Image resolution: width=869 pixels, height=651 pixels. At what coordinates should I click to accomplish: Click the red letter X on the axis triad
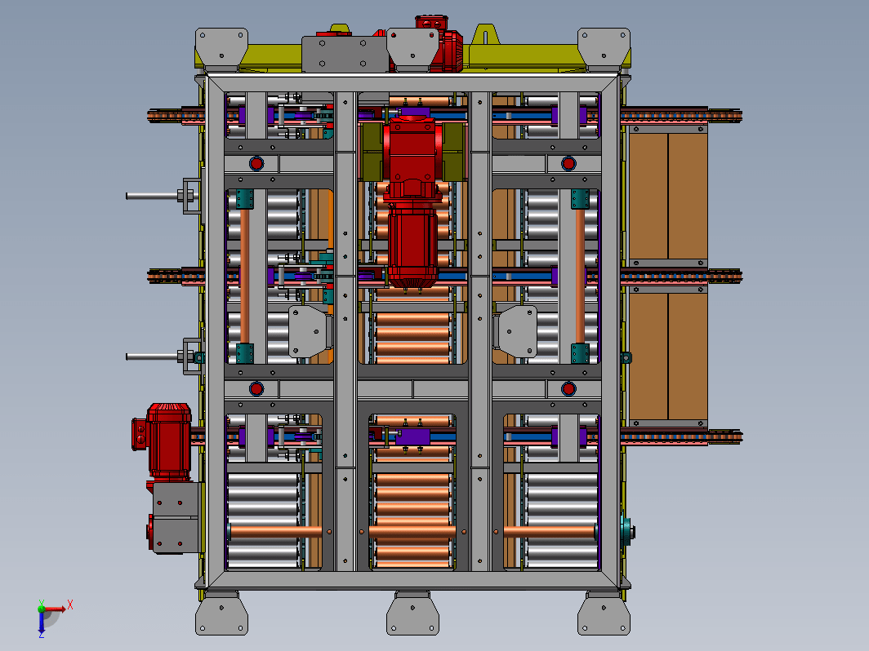(70, 604)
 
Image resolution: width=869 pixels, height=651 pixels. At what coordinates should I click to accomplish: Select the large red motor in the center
(412, 202)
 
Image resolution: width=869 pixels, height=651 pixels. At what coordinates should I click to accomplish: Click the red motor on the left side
(163, 441)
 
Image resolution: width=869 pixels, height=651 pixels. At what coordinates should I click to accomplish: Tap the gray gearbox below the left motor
(175, 517)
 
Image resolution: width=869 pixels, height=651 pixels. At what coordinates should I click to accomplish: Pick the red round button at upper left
(256, 164)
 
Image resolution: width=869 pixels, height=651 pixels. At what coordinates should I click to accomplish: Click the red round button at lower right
(568, 388)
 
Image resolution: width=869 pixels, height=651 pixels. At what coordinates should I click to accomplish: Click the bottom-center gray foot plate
(412, 613)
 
